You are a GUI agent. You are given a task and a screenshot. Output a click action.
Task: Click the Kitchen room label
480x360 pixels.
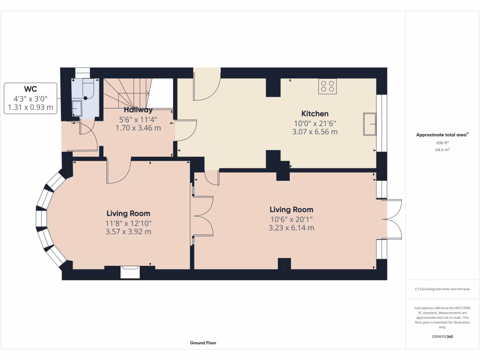click(x=315, y=114)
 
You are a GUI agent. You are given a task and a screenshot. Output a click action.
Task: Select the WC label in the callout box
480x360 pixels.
click(x=31, y=89)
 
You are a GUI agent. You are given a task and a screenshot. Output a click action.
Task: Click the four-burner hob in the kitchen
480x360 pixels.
click(x=327, y=86)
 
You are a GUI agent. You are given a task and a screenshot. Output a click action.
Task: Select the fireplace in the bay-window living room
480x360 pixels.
click(x=130, y=271)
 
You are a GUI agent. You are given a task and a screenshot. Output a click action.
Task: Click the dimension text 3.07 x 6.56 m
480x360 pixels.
click(x=315, y=132)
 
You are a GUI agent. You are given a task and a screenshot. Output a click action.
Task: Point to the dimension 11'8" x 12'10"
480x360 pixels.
click(x=128, y=223)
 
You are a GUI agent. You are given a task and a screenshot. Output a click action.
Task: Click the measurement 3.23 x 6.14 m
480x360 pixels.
click(x=291, y=228)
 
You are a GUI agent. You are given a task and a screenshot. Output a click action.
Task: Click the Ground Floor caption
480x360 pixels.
click(x=203, y=343)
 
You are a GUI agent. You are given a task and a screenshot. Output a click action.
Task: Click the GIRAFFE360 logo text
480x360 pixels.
click(x=442, y=337)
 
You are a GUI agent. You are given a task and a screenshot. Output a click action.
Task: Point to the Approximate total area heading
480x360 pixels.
click(x=442, y=135)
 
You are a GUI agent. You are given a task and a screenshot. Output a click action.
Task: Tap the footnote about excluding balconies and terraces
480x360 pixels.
click(x=442, y=289)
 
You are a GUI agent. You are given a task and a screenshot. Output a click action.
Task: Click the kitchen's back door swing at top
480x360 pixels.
click(x=207, y=87)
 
